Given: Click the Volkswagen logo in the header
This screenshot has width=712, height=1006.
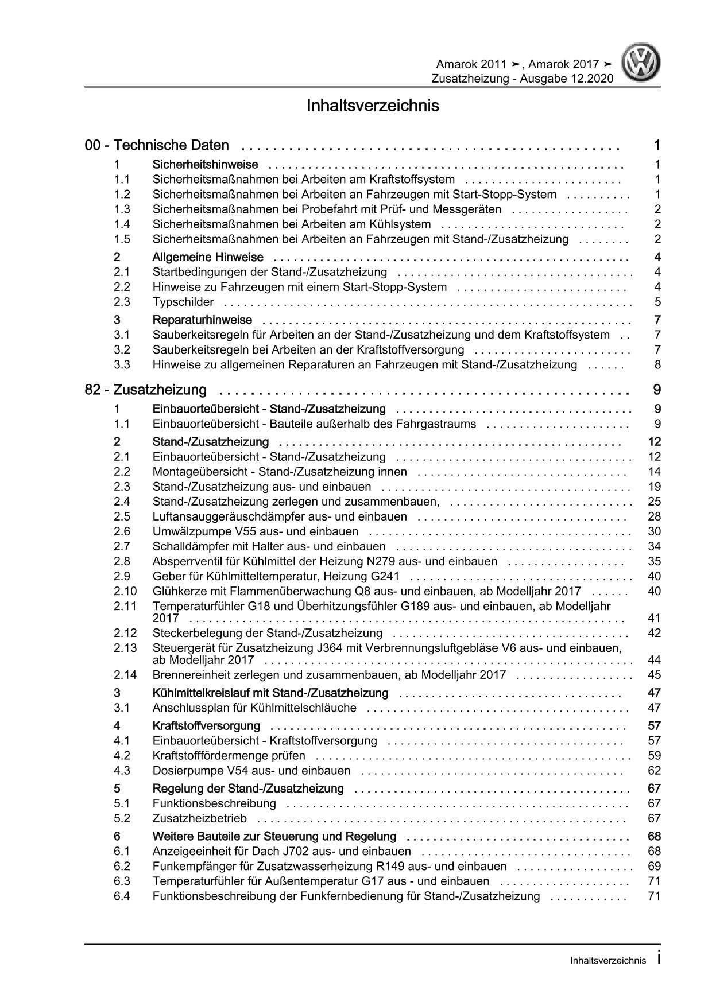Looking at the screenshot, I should [643, 64].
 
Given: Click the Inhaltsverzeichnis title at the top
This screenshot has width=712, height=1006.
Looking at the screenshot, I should [373, 106].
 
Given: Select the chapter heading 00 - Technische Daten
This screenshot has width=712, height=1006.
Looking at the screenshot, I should [157, 146].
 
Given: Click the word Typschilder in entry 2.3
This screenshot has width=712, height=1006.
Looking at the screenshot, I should [183, 302].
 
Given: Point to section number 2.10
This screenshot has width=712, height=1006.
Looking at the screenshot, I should [125, 592].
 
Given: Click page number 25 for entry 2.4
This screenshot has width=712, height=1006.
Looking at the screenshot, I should [653, 502].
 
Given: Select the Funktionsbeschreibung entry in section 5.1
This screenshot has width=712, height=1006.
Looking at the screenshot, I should [214, 803].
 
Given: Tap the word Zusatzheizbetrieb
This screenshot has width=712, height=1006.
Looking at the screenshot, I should [199, 818].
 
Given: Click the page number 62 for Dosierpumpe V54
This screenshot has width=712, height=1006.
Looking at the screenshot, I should [653, 771].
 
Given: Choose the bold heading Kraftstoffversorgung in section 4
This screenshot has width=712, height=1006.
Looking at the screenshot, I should [206, 726].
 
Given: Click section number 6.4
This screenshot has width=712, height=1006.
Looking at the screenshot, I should [122, 896].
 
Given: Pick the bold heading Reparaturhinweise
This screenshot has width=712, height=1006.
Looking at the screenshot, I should [202, 320].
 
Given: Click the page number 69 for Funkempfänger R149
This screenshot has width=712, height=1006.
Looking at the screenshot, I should [653, 866].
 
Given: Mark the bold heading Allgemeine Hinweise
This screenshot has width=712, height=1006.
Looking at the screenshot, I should [208, 258].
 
